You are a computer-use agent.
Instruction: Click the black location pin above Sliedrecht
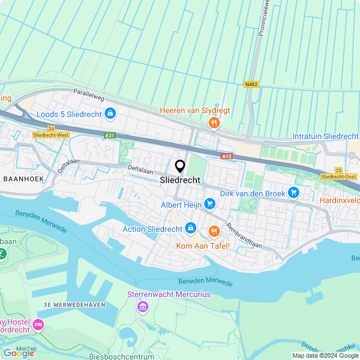coord(180,166)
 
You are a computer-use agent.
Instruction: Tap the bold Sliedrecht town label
coord(180,181)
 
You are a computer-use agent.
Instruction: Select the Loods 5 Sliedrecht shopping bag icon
coord(110,114)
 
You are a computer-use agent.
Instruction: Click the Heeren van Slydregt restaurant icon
coord(213,123)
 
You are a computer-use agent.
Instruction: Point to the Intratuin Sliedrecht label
coord(325,137)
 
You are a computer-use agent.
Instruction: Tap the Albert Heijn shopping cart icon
coord(210,204)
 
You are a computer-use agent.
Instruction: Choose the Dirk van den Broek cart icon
coord(293,193)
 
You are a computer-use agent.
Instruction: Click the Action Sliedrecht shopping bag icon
coord(191,228)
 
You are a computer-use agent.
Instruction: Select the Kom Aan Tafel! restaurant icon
coord(214,231)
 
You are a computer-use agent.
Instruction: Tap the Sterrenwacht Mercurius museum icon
coord(142,307)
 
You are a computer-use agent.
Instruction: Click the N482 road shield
coord(251,84)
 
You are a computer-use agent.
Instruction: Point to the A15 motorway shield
coord(227,156)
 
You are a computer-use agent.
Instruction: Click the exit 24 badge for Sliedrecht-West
coord(51,129)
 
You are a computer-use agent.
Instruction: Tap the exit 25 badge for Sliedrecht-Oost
coord(338,170)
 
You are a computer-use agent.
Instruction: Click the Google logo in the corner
coord(19,353)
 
